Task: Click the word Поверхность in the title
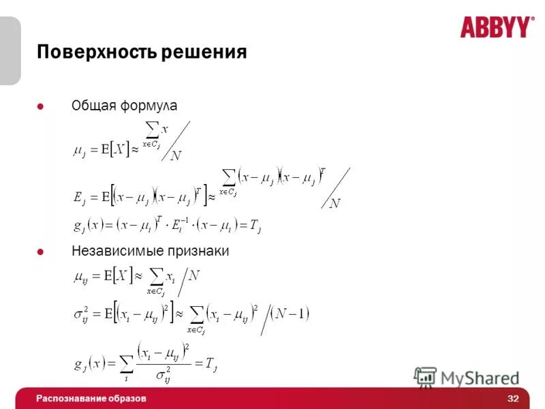pos(97,52)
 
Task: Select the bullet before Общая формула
pos(40,106)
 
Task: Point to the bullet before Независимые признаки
pos(40,252)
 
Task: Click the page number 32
pos(513,398)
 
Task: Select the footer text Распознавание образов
pos(91,398)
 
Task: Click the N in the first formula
pos(176,156)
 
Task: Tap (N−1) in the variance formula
pos(290,314)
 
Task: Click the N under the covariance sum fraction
pos(335,203)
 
